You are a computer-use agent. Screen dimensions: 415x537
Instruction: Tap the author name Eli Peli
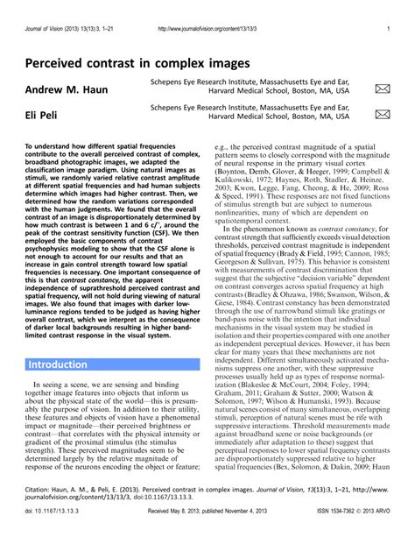pos(43,114)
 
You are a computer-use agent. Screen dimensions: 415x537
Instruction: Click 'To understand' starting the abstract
pos(49,148)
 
